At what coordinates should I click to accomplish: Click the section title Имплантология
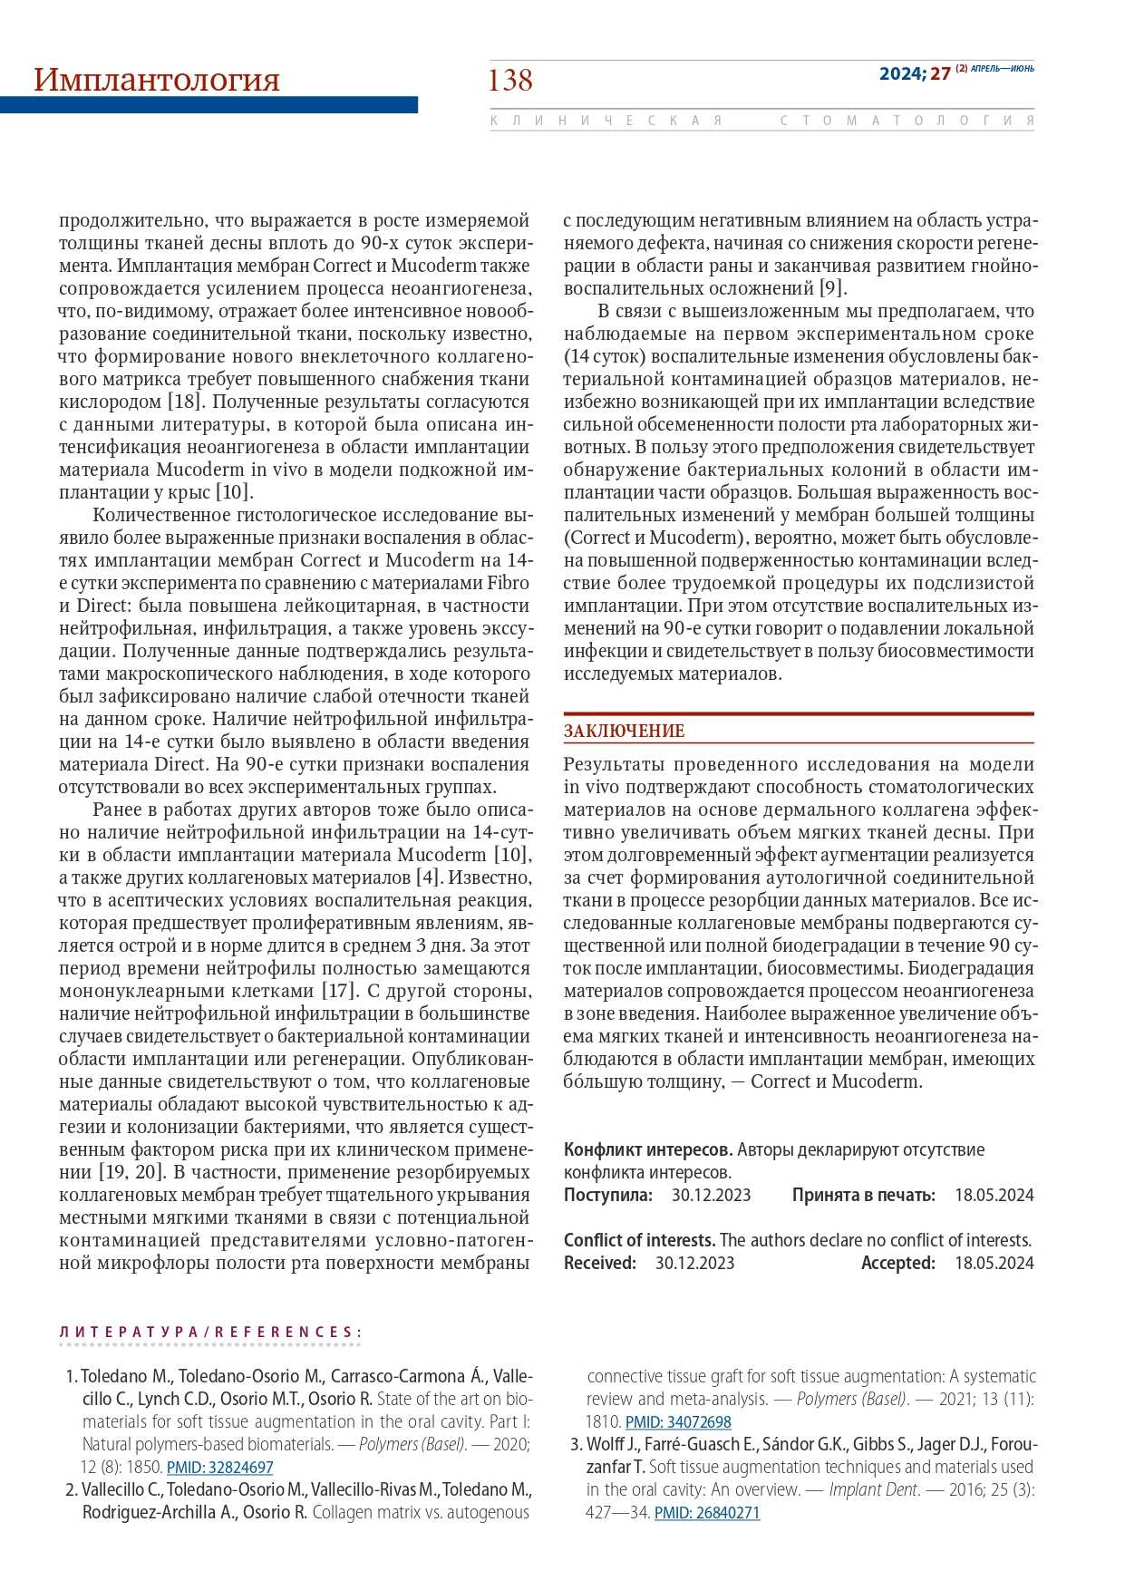pos(156,80)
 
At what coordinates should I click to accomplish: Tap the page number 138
pos(510,81)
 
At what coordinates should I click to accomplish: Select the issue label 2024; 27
pos(915,73)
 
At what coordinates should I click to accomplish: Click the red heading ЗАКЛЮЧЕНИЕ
pos(624,731)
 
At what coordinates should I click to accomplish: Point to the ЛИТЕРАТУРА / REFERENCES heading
pos(210,1332)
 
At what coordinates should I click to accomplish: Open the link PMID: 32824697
pos(219,1467)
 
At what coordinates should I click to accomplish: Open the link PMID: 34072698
pos(678,1421)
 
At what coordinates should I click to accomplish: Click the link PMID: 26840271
pos(707,1512)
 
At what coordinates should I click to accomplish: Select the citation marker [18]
pos(189,402)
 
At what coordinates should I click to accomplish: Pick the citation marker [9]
pos(832,288)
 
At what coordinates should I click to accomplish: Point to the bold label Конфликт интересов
pos(648,1149)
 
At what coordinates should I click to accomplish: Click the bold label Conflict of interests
pos(640,1240)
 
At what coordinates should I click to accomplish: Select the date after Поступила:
pos(711,1195)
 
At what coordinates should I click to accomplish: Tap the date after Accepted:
pos(994,1263)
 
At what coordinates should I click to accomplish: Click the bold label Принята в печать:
pos(863,1195)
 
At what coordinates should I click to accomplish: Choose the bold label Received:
pos(600,1263)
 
